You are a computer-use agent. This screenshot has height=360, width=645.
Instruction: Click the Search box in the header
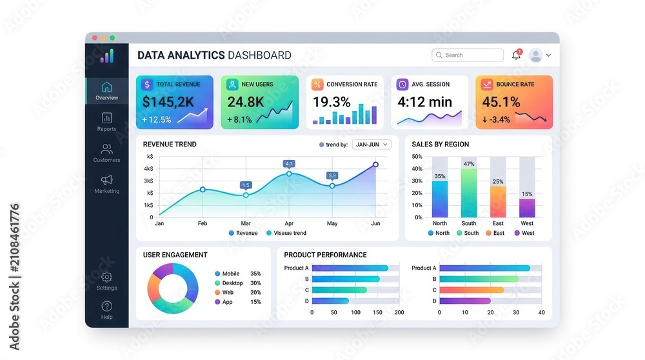tap(467, 55)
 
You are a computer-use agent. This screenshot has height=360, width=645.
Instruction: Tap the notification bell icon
tap(516, 55)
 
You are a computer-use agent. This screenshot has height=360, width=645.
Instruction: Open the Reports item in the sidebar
tap(106, 122)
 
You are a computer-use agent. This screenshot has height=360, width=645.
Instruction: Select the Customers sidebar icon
tap(106, 148)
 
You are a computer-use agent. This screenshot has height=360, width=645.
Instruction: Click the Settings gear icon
tap(106, 277)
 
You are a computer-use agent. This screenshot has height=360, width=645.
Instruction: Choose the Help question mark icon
tap(106, 306)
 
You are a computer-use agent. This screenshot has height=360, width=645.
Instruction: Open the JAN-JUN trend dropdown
tap(372, 145)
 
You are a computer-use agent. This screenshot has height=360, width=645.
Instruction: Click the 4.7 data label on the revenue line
tap(289, 164)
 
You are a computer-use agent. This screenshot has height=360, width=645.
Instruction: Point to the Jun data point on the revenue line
tap(375, 165)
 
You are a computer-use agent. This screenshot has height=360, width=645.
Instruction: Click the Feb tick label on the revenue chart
tap(203, 223)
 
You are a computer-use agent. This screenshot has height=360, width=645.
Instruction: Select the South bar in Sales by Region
tap(468, 193)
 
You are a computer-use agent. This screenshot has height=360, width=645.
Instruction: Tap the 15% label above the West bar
tap(527, 194)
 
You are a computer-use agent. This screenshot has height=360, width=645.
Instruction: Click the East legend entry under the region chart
tap(495, 233)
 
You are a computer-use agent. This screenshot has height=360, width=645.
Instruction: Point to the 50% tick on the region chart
tap(417, 156)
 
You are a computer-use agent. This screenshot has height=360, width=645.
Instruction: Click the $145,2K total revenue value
tap(168, 102)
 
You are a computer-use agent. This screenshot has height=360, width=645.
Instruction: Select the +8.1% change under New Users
tap(239, 120)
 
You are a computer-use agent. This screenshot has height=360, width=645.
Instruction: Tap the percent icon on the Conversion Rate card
tap(317, 85)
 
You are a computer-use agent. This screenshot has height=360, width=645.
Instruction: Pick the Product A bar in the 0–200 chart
tap(350, 268)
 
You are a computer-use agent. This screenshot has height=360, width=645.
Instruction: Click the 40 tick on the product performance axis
tap(541, 312)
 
